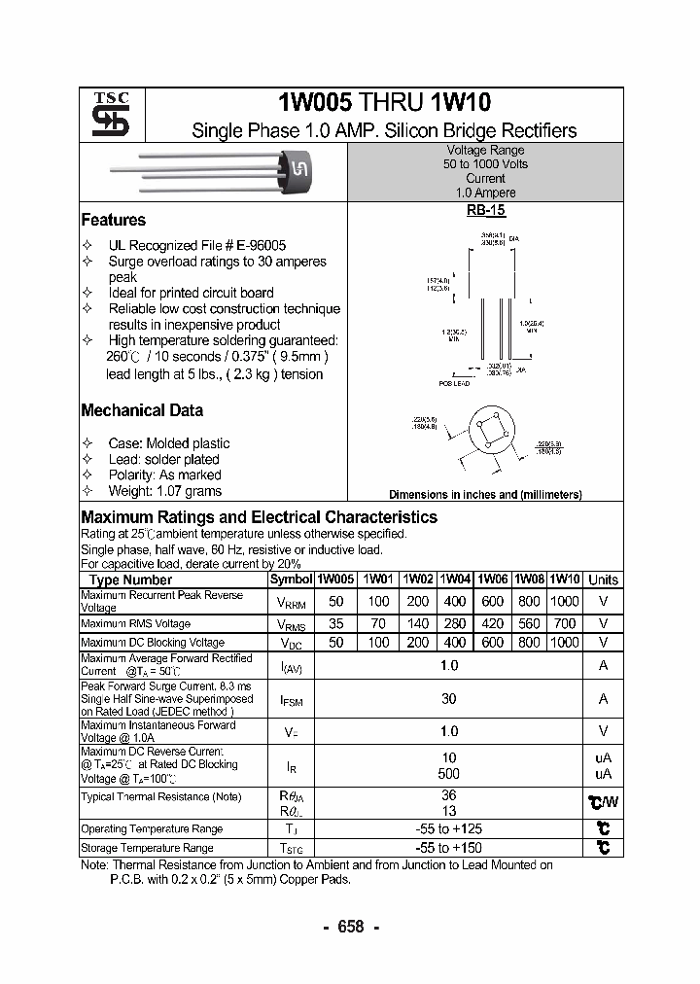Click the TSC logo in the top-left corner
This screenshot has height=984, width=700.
[104, 115]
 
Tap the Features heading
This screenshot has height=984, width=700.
[113, 220]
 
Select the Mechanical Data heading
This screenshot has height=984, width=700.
[142, 410]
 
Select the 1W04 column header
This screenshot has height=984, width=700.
[454, 580]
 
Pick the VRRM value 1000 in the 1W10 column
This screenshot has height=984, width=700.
[565, 602]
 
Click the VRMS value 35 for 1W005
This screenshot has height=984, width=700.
[336, 624]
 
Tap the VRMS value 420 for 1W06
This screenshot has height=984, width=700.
[492, 624]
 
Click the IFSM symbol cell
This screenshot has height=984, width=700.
[291, 699]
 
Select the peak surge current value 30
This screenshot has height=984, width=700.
[448, 699]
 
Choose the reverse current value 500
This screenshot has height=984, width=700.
[448, 774]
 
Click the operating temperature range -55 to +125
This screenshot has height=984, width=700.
[448, 829]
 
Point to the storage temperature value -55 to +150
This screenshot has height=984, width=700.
[448, 848]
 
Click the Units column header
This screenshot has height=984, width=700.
[603, 580]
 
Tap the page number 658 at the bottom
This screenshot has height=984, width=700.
[350, 927]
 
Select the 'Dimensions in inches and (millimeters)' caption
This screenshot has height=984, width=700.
[485, 494]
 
